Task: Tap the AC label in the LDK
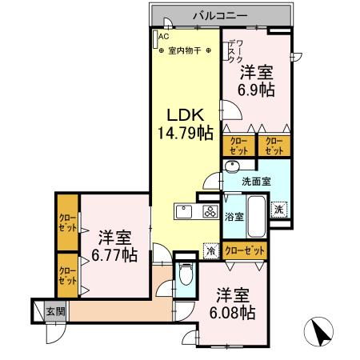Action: tap(164, 37)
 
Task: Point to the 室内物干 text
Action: tap(184, 50)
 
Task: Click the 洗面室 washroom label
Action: tap(257, 181)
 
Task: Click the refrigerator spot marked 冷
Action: tap(210, 250)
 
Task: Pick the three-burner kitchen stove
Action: tap(210, 213)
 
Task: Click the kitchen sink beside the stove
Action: tap(185, 213)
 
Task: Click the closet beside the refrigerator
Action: tap(245, 250)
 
